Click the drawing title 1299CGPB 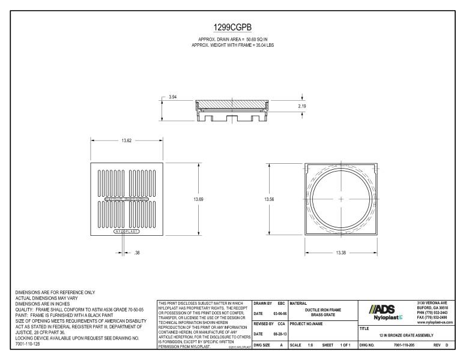point(232,28)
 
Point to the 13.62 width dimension point(127,141)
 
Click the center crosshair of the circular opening point(341,199)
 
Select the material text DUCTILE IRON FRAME point(322,310)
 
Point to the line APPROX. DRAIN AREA point(232,39)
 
